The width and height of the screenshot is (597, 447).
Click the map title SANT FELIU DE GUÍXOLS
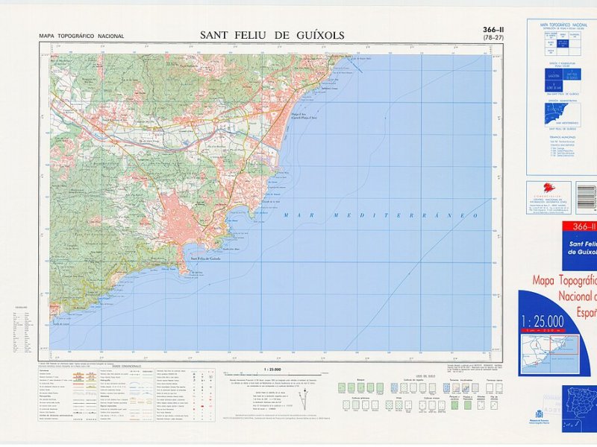(272, 34)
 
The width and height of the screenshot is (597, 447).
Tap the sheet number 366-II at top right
(492, 30)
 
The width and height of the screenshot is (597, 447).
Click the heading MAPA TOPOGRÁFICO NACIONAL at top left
(81, 36)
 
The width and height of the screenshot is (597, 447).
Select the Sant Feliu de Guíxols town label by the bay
(204, 259)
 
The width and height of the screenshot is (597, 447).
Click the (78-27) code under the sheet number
(492, 38)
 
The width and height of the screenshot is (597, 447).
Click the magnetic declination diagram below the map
(304, 399)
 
